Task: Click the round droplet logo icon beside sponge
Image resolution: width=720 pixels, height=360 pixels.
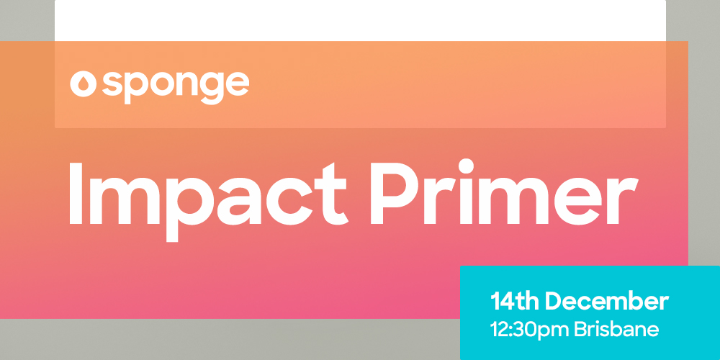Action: point(83,84)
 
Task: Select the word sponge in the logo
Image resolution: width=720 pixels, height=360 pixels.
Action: point(176,87)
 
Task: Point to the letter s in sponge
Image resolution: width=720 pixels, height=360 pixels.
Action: point(112,84)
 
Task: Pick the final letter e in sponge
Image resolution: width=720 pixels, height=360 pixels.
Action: point(238,84)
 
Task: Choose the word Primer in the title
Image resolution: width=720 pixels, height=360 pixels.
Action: point(504,192)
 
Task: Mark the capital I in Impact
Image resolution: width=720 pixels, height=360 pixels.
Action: point(76,193)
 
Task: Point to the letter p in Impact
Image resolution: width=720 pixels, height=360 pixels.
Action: point(190,209)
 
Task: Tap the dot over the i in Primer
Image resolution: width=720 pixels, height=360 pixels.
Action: point(466,166)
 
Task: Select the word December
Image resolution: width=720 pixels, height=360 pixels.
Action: point(606,302)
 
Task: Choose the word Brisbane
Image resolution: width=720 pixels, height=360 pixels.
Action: point(617,330)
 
